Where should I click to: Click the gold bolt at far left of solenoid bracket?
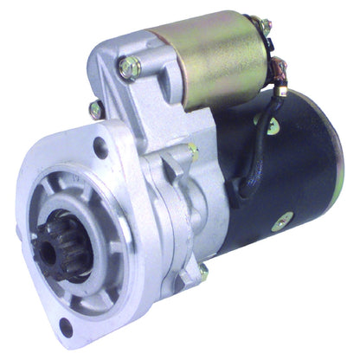(94, 109)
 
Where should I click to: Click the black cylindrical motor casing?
(294, 173)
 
